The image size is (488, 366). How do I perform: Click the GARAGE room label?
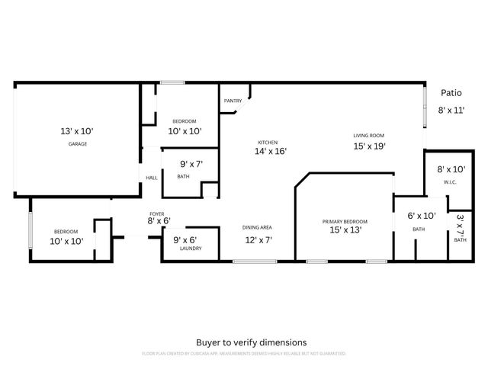[x=77, y=143]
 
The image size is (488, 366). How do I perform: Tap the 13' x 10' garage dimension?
[x=77, y=131]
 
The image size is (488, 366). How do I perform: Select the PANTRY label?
[x=233, y=101]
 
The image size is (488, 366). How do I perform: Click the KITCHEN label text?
[x=267, y=143]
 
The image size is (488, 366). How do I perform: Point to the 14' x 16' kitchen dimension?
[x=269, y=152]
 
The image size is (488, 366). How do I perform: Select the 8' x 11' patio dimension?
[x=451, y=111]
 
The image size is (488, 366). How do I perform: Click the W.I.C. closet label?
[x=451, y=181]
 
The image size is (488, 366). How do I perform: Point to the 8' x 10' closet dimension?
[x=451, y=169]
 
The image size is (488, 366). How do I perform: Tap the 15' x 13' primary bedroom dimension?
[x=345, y=230]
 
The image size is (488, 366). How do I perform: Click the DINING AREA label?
[x=257, y=227]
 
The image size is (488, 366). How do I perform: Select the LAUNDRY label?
[x=180, y=248]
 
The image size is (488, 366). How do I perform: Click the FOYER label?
[x=156, y=213]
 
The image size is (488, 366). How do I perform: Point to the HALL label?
[x=152, y=178]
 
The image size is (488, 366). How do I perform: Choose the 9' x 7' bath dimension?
[x=191, y=164]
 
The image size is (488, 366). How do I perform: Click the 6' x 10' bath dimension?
[x=421, y=217]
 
